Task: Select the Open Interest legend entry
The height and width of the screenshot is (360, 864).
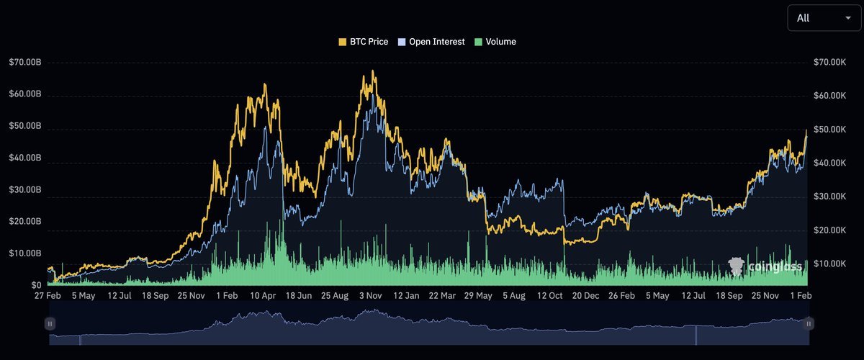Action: [x=431, y=42]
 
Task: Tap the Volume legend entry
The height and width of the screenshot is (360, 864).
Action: [x=495, y=42]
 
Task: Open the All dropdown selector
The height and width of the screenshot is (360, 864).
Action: [x=824, y=18]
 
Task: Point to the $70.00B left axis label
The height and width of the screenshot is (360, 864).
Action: [x=24, y=62]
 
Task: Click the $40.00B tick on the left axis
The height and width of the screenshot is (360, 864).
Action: [x=24, y=158]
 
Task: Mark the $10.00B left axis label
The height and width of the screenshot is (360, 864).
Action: [x=24, y=253]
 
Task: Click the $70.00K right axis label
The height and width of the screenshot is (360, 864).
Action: [x=829, y=62]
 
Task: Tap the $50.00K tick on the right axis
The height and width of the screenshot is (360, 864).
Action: [x=829, y=130]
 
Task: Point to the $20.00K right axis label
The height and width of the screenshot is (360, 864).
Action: [x=829, y=230]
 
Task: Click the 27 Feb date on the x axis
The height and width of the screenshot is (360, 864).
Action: [x=49, y=296]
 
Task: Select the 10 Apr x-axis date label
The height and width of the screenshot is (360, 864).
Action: [x=264, y=296]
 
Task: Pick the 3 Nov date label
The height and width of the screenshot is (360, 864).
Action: [x=370, y=296]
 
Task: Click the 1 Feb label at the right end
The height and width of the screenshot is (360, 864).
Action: [x=801, y=296]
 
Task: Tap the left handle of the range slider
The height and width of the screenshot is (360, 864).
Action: [x=50, y=324]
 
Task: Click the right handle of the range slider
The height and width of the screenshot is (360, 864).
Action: [x=809, y=324]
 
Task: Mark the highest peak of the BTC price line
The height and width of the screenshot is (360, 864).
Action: [x=372, y=71]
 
